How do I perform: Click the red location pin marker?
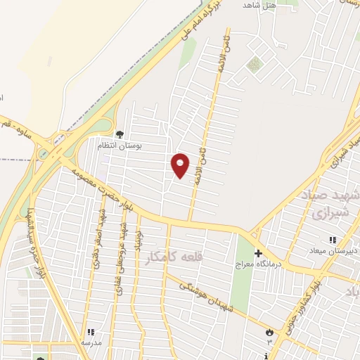[181, 165]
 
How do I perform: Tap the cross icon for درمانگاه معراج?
[258, 253]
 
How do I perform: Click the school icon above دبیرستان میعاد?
[333, 240]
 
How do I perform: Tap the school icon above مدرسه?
[90, 332]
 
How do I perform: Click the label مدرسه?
[91, 342]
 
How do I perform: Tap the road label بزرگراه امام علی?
[198, 19]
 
